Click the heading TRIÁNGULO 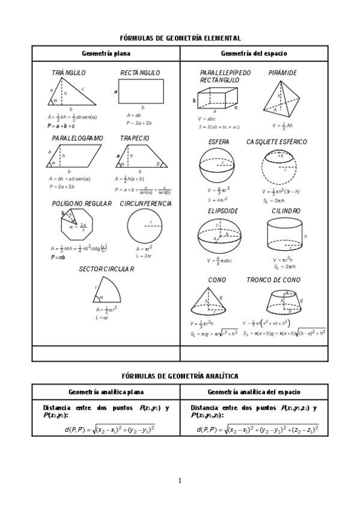coord(69,73)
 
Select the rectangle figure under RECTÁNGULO coord(142,91)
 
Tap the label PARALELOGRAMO coord(77,138)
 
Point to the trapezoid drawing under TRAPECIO coord(142,158)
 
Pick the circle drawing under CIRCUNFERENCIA coord(144,227)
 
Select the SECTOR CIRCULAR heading coord(106,269)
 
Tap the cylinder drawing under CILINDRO coord(284,235)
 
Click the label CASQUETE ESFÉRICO coord(276,142)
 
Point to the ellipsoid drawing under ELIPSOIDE coord(218,236)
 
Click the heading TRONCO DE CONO coord(273,280)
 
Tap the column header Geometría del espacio coord(254,54)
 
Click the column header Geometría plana coord(106,54)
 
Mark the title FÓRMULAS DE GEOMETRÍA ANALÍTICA coord(180,376)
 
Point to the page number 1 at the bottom coord(180,480)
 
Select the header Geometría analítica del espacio coord(254,392)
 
